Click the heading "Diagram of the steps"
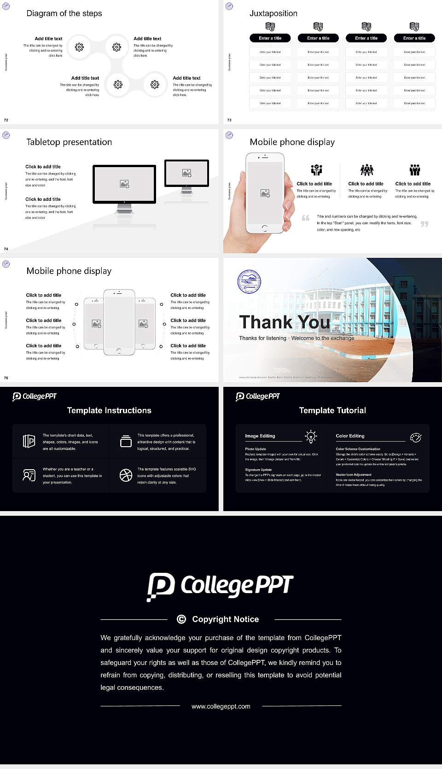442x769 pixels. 64,13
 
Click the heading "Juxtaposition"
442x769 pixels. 273,13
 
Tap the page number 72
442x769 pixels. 6,120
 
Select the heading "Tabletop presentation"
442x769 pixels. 69,142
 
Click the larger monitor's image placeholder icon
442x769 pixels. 124,184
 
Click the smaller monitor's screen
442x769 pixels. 186,173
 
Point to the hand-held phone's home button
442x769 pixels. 264,228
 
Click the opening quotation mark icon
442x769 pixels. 306,218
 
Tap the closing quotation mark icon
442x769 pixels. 425,224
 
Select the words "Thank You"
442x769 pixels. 285,322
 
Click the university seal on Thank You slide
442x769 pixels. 249,282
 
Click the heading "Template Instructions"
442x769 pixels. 109,410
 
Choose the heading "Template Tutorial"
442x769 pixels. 332,410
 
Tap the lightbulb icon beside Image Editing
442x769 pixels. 311,437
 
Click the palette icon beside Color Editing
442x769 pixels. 416,437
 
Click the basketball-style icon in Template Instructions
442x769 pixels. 126,475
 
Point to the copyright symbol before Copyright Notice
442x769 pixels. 181,619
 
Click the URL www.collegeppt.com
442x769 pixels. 221,706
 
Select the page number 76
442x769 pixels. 6,378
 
